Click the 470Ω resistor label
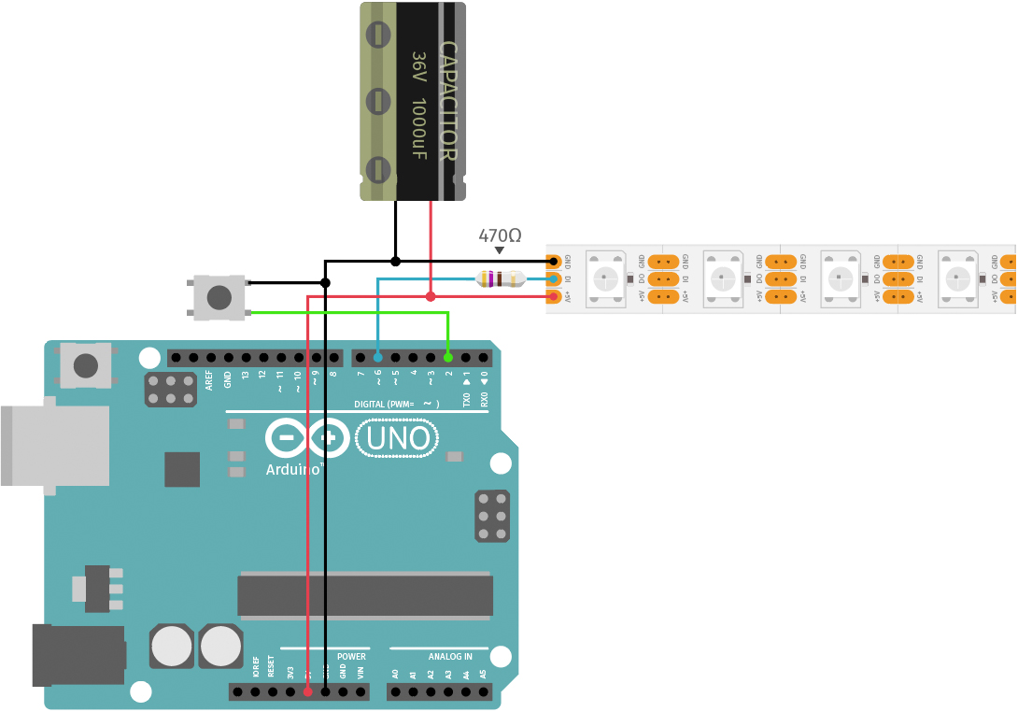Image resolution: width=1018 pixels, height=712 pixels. point(499,235)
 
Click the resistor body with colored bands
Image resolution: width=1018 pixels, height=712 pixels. point(501,278)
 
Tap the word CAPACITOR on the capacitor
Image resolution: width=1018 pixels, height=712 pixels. point(447,101)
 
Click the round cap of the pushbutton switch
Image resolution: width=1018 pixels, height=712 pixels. point(219,297)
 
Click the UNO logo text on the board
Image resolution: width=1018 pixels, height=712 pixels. point(398,437)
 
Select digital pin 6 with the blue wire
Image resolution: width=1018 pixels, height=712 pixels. point(377,357)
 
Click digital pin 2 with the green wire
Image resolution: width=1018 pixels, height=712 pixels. point(448,357)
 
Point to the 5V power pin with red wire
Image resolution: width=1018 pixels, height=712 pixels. point(307,692)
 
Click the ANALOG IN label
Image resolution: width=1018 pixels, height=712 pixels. point(450,656)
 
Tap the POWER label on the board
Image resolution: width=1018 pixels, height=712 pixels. point(351,656)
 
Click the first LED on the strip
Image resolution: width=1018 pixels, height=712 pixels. point(605,278)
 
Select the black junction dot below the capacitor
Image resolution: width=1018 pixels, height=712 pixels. point(395,260)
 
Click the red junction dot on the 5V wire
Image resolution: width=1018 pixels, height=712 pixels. point(431,297)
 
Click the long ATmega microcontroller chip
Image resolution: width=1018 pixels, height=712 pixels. point(365,595)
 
